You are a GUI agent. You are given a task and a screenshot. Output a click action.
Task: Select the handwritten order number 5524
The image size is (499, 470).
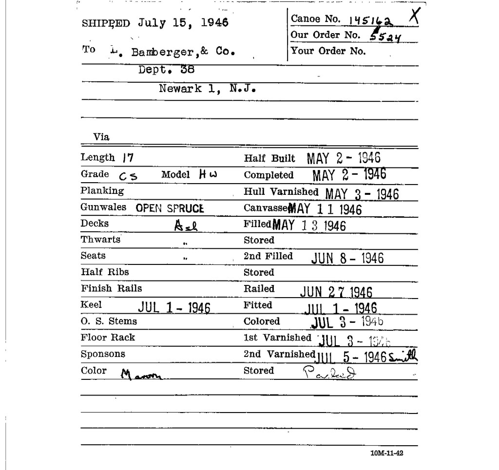[385, 36]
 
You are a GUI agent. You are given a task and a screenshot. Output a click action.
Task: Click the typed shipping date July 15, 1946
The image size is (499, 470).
[183, 23]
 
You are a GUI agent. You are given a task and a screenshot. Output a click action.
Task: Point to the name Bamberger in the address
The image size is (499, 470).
[163, 52]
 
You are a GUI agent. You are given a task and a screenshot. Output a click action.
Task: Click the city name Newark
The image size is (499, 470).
[180, 89]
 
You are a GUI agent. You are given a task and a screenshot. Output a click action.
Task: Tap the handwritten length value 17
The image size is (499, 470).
[128, 157]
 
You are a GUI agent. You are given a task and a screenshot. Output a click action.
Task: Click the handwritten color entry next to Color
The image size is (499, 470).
[141, 374]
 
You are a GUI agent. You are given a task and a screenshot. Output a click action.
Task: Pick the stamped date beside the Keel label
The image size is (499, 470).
[174, 307]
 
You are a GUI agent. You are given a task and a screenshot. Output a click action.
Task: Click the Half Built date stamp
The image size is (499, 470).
[344, 158]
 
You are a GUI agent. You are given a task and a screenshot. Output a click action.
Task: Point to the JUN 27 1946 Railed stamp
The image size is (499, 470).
[336, 292]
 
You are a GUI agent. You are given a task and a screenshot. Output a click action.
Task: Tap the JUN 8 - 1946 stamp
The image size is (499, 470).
[347, 258]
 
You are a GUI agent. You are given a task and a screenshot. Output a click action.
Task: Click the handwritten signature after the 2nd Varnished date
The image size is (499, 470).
[403, 357]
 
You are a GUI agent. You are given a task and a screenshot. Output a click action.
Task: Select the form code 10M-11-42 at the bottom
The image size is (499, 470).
[386, 453]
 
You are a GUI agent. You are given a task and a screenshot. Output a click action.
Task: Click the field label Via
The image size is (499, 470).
[101, 137]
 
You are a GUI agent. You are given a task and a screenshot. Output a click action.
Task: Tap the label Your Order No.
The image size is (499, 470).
[328, 51]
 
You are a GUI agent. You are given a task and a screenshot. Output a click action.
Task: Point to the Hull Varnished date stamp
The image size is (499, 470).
[362, 194]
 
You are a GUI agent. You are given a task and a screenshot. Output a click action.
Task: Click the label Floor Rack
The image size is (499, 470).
[108, 338]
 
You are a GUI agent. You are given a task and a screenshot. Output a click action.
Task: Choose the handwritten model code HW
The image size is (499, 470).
[207, 174]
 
